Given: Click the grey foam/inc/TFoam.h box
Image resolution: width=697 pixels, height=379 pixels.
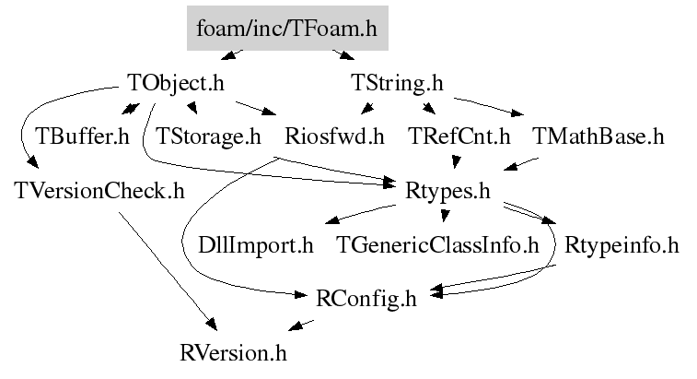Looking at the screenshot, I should [x=286, y=30].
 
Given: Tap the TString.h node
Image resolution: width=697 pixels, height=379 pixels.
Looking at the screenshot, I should [x=398, y=83].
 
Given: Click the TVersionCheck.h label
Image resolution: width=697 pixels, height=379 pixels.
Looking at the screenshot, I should [x=99, y=192].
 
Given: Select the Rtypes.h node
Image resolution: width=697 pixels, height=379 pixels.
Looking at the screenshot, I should [x=447, y=192].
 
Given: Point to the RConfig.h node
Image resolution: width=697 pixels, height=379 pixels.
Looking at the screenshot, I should [x=366, y=299].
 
